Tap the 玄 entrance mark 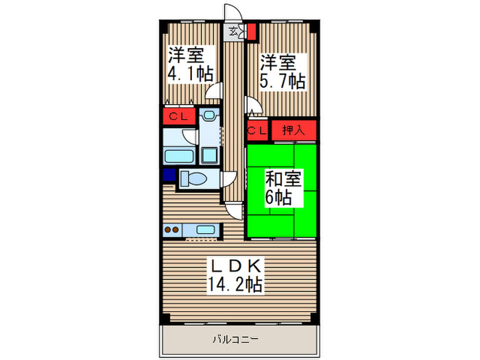[235, 31]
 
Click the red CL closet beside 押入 [258, 130]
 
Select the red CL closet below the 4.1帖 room [179, 116]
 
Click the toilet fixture [196, 180]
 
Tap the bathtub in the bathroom [180, 155]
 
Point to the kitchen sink [205, 230]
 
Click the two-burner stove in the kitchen [173, 230]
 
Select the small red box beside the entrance [252, 31]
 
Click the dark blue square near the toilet [169, 175]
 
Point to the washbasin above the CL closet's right [210, 117]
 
